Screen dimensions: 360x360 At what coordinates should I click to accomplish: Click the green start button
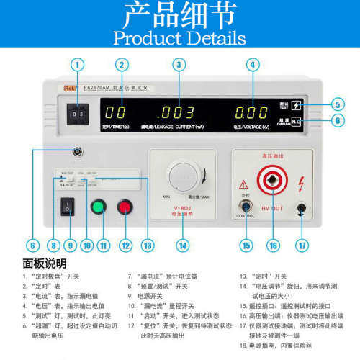click(98, 208)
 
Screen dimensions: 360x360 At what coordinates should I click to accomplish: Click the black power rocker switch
click(68, 207)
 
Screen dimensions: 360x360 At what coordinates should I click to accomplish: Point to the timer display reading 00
click(116, 113)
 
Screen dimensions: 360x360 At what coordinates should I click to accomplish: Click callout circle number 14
click(182, 246)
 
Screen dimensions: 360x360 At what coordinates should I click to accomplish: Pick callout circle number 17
click(302, 246)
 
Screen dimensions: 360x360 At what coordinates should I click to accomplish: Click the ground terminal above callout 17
click(302, 209)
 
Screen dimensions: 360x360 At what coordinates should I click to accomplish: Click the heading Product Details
click(179, 37)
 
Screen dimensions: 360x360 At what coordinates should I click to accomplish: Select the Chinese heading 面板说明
click(45, 264)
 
